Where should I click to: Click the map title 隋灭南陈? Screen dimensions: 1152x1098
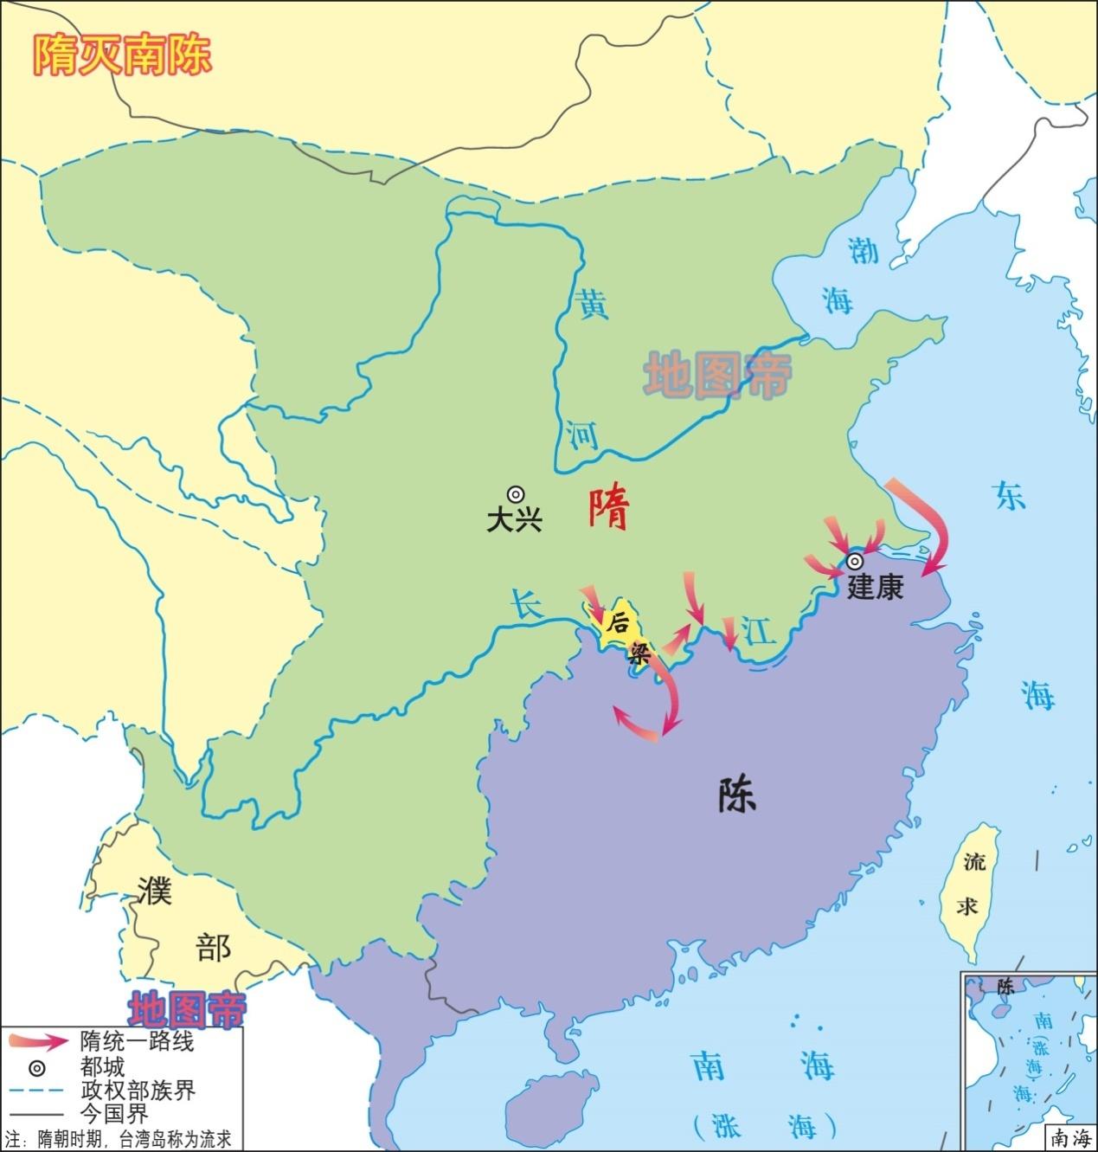(122, 55)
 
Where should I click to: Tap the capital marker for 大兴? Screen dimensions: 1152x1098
(515, 494)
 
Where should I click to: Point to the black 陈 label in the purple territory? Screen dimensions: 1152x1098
(736, 793)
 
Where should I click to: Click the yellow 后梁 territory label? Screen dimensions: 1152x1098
(626, 635)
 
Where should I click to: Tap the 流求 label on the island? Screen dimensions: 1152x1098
(970, 883)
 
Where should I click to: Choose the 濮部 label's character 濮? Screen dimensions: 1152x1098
(155, 889)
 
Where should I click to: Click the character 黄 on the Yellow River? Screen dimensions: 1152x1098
(593, 304)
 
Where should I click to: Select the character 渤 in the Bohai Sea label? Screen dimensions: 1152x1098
(863, 250)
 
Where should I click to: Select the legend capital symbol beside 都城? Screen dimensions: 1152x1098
(40, 1066)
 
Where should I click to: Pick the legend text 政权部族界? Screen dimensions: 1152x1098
(138, 1091)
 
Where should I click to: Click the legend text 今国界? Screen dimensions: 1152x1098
(114, 1114)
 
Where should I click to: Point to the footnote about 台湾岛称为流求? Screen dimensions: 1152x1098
(119, 1139)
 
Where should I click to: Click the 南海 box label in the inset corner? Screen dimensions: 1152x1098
(1069, 1138)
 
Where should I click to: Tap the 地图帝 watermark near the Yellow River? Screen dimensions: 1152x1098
(717, 375)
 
